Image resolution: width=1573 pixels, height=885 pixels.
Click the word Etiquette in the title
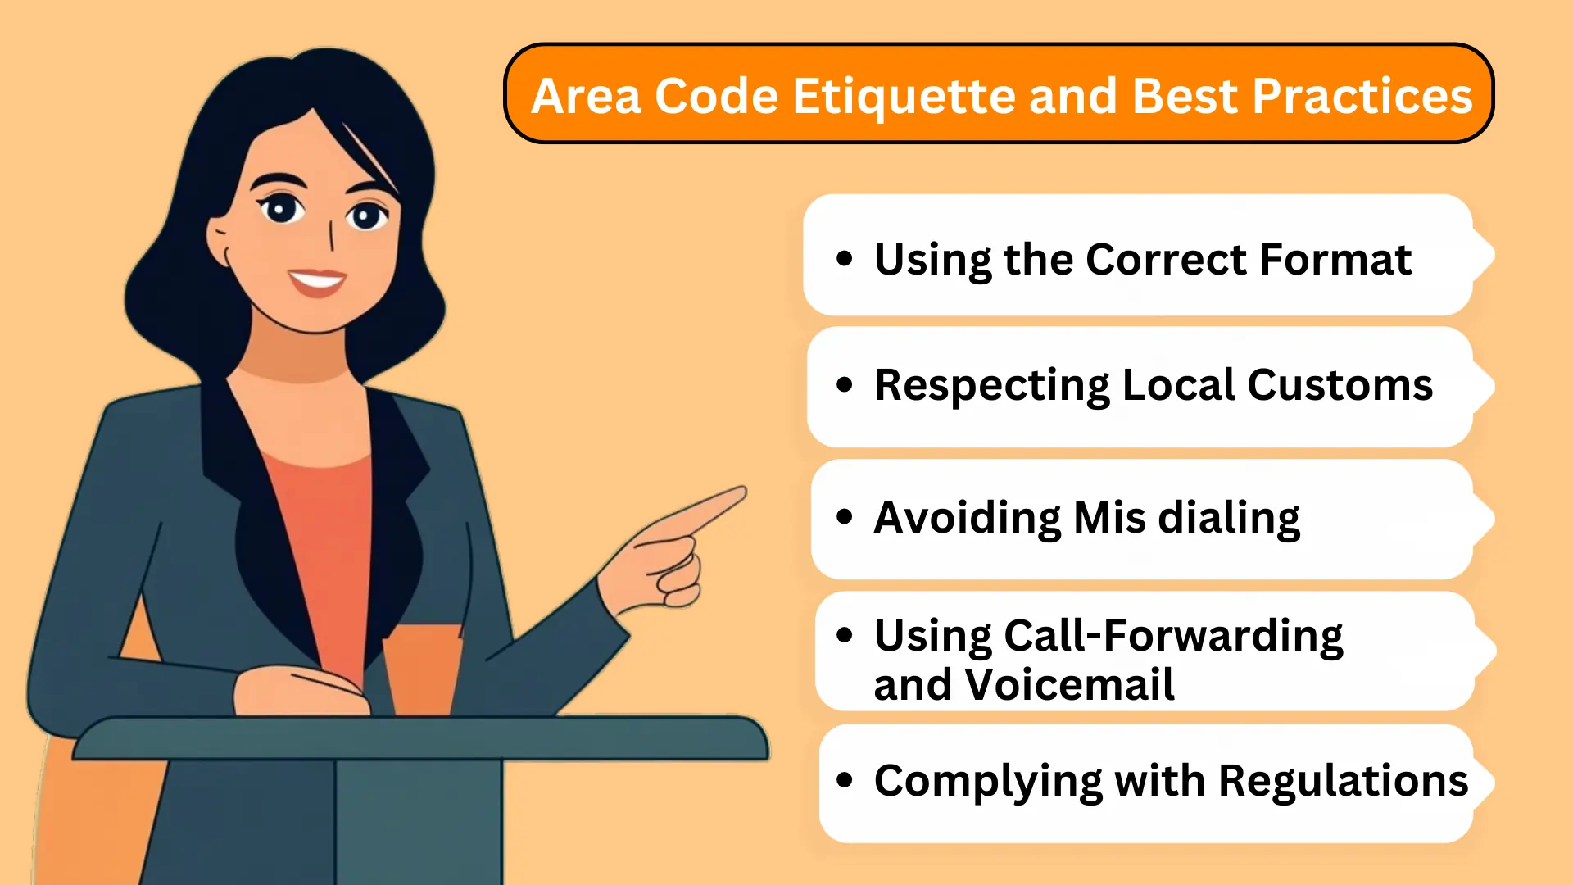point(904,97)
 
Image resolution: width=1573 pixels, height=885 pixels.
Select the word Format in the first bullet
point(1335,260)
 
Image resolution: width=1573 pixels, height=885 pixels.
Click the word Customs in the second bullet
point(1340,385)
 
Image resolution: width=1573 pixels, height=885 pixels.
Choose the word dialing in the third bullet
point(1229,519)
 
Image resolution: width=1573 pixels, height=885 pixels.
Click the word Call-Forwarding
point(1173,636)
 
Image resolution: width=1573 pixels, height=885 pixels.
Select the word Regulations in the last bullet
point(1344,781)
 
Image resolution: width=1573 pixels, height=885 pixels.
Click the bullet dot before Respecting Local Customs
point(845,384)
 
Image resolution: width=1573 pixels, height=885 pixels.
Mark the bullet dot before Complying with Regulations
point(845,780)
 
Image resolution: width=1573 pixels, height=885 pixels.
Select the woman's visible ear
point(219,243)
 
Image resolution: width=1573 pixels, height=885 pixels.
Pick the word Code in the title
point(716,97)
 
